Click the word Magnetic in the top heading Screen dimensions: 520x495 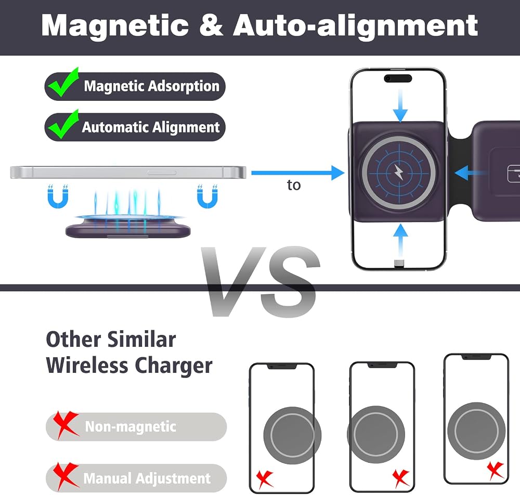pos(115,26)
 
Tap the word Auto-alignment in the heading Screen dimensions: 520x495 pos(356,26)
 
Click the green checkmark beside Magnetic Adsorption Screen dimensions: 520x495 pos(63,82)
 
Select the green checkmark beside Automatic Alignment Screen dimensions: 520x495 pos(63,124)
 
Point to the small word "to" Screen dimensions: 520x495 pos(294,185)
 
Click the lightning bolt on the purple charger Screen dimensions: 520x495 pos(399,172)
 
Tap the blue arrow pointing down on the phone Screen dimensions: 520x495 pos(400,106)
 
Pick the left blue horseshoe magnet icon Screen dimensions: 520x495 pos(58,197)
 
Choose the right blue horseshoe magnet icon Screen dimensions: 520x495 pos(207,197)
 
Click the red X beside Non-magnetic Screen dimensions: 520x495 pos(66,425)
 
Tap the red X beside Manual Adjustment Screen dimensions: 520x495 pos(66,476)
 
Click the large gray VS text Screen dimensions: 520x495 pos(261,281)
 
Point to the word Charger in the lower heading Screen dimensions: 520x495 pos(174,366)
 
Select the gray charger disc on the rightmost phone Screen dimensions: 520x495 pos(476,431)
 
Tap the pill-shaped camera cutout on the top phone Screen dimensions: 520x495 pos(398,79)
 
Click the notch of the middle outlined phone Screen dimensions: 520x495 pos(382,365)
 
